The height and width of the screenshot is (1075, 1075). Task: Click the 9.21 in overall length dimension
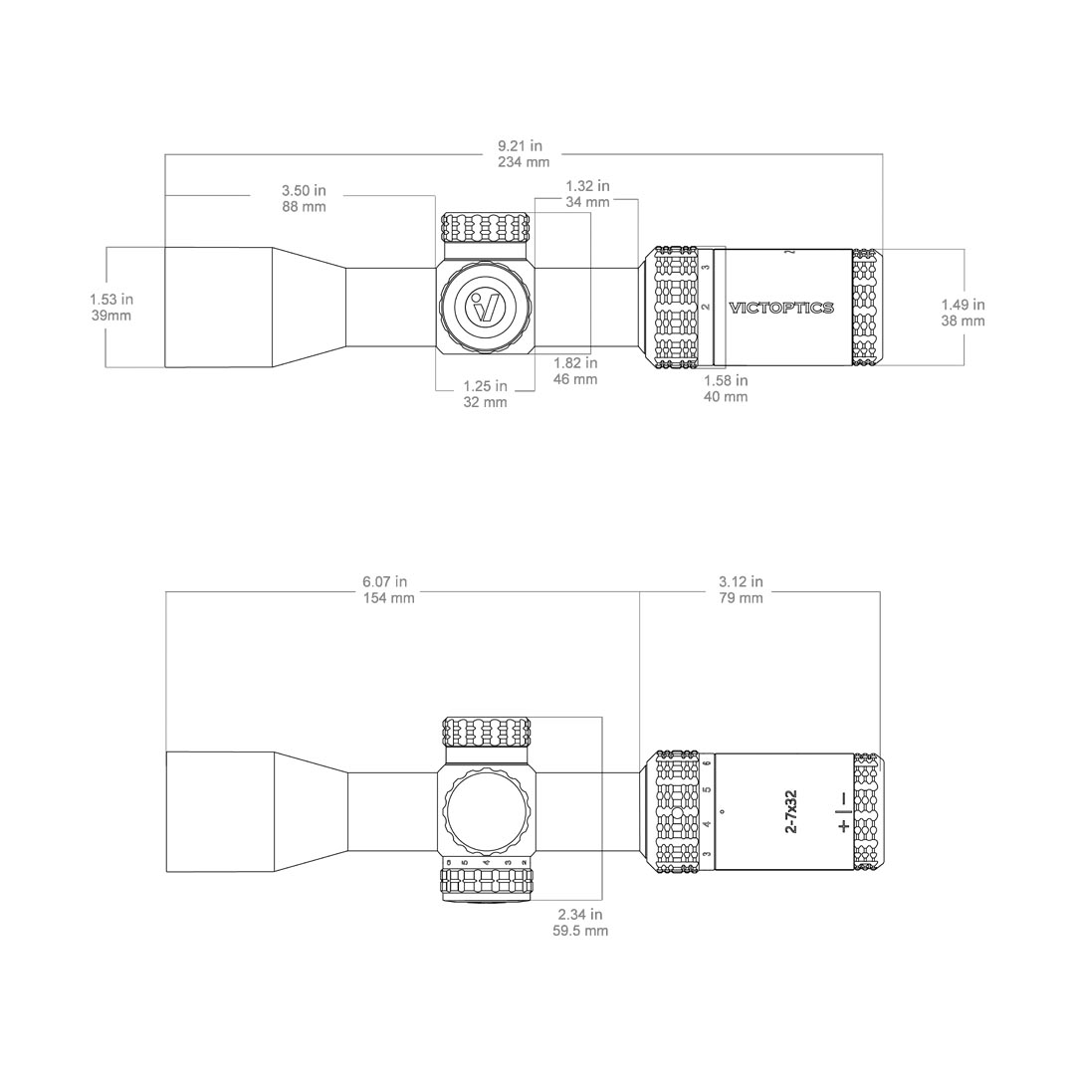click(524, 154)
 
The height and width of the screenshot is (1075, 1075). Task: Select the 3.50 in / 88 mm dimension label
click(304, 198)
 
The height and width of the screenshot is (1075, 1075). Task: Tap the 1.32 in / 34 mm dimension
click(587, 194)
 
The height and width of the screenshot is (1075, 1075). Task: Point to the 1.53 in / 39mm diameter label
click(110, 308)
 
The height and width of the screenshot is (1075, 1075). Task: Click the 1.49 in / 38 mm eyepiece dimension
click(963, 313)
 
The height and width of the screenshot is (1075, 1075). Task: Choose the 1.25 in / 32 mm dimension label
click(485, 394)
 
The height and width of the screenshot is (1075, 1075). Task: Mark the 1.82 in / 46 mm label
click(575, 371)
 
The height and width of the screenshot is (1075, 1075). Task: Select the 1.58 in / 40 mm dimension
click(726, 388)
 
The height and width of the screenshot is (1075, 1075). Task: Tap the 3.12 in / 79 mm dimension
click(741, 590)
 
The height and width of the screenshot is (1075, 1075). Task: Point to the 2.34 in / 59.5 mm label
click(580, 923)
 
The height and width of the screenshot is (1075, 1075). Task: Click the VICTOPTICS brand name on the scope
click(781, 309)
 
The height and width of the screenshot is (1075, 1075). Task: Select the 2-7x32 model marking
click(790, 811)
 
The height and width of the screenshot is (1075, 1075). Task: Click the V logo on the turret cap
click(487, 308)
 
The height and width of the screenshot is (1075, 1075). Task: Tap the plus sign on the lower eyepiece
click(844, 827)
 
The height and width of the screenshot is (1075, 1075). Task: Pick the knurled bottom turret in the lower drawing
click(487, 882)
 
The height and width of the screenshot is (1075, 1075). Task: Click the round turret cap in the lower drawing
click(487, 810)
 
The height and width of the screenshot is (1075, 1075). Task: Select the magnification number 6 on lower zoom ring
click(707, 764)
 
